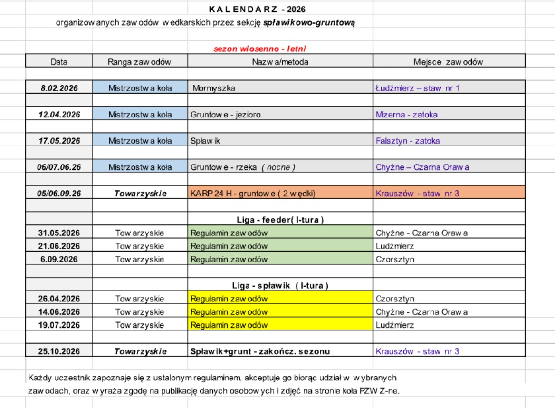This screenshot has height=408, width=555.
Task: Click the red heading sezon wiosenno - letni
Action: pyautogui.click(x=260, y=49)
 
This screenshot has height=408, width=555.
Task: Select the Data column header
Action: pyautogui.click(x=59, y=61)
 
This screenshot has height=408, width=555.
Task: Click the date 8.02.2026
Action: pyautogui.click(x=59, y=88)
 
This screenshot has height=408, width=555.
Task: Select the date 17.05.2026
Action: pyautogui.click(x=59, y=141)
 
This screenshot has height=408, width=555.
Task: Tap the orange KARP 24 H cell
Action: pyautogui.click(x=280, y=194)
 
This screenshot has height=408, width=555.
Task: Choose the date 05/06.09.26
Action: pyautogui.click(x=59, y=194)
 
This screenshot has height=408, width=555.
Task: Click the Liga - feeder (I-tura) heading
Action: pyautogui.click(x=280, y=220)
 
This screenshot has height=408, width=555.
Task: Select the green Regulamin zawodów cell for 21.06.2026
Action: pyautogui.click(x=280, y=246)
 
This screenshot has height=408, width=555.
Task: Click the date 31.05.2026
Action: pyautogui.click(x=59, y=233)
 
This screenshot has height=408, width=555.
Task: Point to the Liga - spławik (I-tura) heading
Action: pyautogui.click(x=280, y=286)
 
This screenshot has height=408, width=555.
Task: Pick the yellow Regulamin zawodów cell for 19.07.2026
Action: pyautogui.click(x=280, y=325)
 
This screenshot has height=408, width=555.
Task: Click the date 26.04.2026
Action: pyautogui.click(x=59, y=299)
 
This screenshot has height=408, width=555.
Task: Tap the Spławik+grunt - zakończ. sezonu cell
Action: pyautogui.click(x=260, y=351)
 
